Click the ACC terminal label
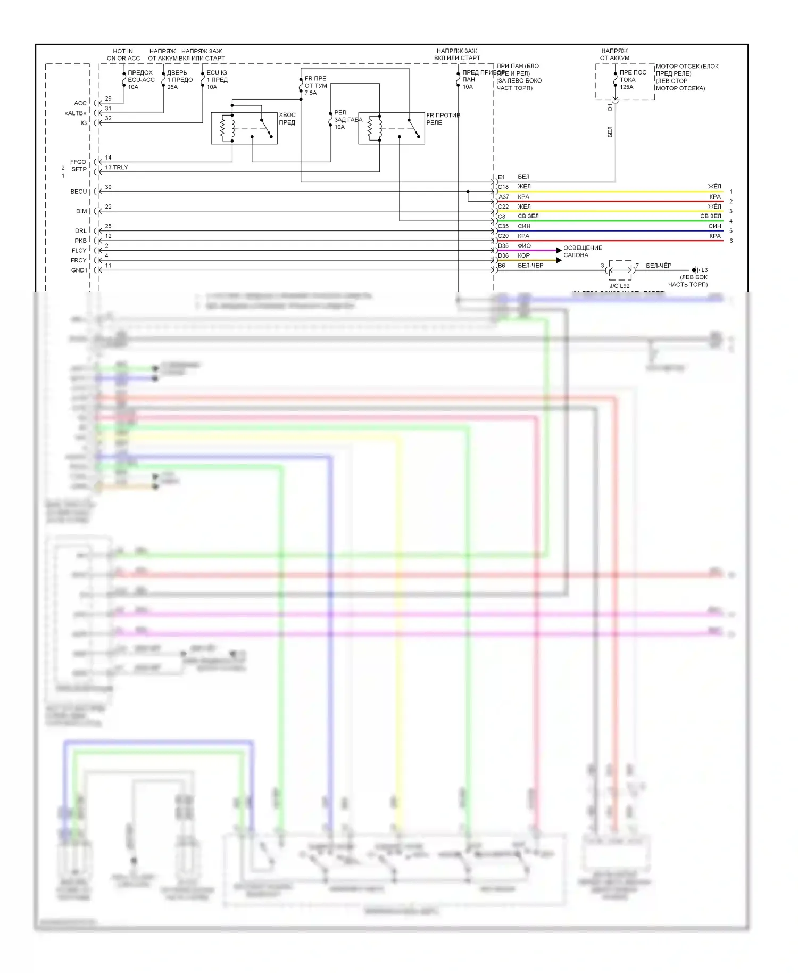tap(80, 103)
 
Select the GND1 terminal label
tap(79, 270)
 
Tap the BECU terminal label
tap(78, 192)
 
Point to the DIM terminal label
tap(81, 211)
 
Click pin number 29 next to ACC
tap(108, 99)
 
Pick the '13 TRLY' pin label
tap(116, 168)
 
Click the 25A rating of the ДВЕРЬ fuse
tap(172, 87)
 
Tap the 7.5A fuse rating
tap(311, 93)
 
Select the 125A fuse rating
tap(627, 87)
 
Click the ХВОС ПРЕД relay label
tap(287, 119)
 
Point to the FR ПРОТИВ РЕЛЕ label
tap(443, 119)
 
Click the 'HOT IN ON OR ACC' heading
tap(123, 55)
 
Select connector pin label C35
tap(503, 226)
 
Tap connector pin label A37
tap(503, 197)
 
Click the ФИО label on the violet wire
tap(524, 246)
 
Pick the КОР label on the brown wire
tap(523, 256)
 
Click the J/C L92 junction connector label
tap(619, 286)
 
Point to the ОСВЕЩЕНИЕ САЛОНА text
tap(583, 252)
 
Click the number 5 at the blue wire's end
tap(731, 231)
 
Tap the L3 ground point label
tap(704, 270)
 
